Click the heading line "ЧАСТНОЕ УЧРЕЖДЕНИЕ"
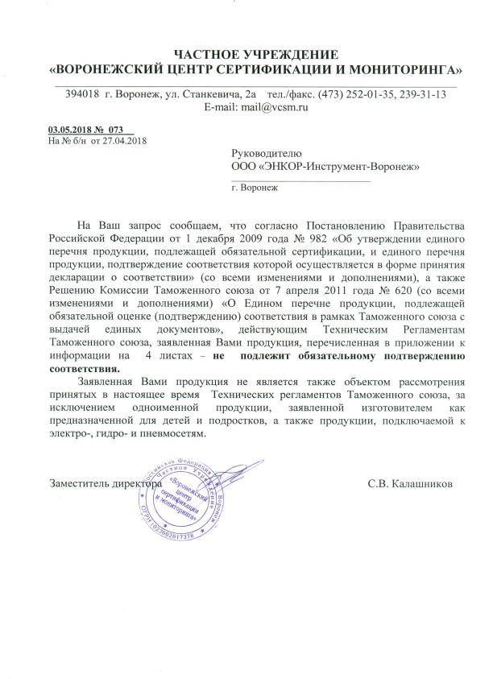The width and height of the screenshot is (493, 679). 256,54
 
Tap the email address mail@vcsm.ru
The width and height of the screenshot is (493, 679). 271,107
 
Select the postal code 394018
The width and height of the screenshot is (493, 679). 82,94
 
